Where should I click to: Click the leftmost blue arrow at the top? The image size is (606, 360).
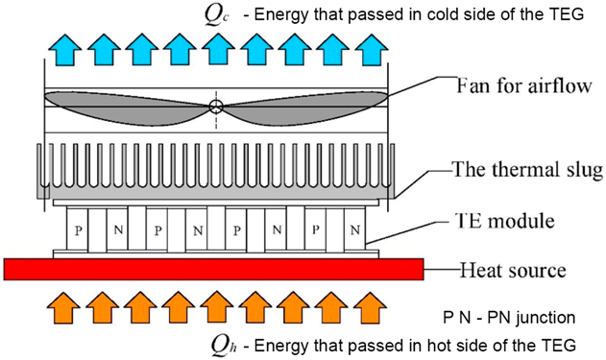coord(63,45)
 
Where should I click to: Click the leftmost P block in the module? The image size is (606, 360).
coord(77,230)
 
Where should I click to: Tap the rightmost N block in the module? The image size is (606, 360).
coord(355,230)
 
